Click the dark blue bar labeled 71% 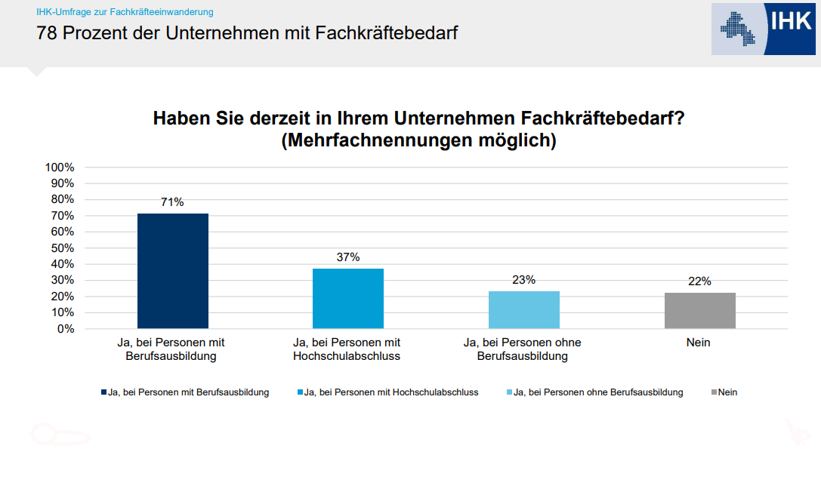click(x=172, y=271)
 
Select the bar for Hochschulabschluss click(x=348, y=298)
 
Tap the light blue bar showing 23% click(x=524, y=309)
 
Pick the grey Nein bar click(x=699, y=310)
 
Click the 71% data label click(x=172, y=202)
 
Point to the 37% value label click(x=348, y=257)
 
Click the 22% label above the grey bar click(x=699, y=281)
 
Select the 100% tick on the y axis click(x=60, y=167)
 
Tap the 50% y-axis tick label click(x=63, y=247)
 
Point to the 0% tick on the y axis click(x=66, y=329)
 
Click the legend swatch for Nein click(x=714, y=392)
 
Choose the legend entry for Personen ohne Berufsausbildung click(x=597, y=392)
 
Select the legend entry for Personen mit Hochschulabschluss click(x=390, y=392)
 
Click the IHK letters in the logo click(x=790, y=20)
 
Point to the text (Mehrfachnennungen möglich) click(x=418, y=141)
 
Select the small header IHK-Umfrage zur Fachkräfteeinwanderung click(x=125, y=12)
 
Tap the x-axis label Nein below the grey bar click(x=699, y=343)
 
